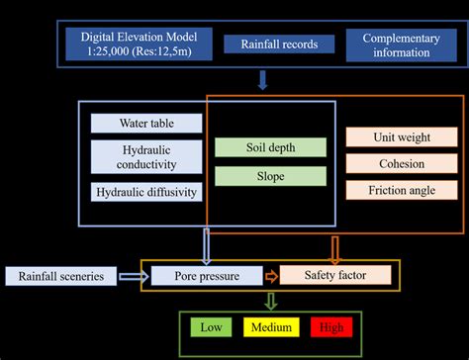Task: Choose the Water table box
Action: (146, 124)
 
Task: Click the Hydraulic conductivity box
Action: (146, 156)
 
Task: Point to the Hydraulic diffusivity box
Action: (146, 192)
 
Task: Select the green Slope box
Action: (270, 176)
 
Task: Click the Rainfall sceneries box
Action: (61, 276)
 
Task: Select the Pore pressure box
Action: (206, 276)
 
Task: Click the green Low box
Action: (211, 327)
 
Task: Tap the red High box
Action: (329, 327)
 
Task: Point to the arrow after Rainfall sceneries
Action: (135, 276)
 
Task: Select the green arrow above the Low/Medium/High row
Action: (271, 301)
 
